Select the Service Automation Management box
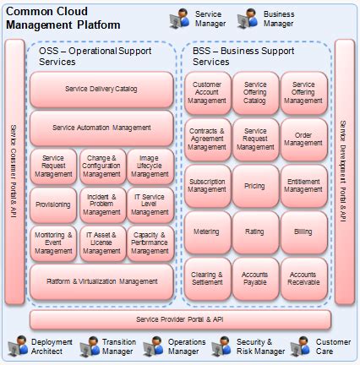pos(101,128)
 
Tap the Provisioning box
pos(52,205)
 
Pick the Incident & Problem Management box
pos(101,205)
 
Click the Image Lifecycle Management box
pos(150,166)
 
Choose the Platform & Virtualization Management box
pos(101,281)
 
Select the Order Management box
pos(303,139)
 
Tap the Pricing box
pos(254,185)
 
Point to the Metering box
pos(207,230)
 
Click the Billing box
pos(303,230)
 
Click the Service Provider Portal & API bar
pos(179,319)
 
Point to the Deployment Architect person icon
pos(15,346)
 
